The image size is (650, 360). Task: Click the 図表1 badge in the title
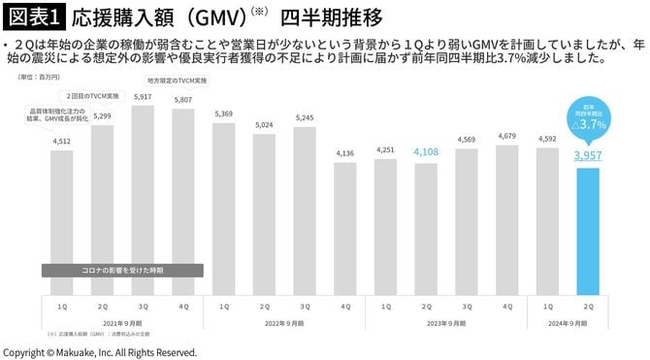34,16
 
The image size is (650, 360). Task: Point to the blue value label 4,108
425,152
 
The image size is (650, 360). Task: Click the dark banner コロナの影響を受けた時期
122,270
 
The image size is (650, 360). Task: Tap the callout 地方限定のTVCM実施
177,81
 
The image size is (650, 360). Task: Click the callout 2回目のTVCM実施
94,97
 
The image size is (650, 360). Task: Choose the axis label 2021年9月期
122,323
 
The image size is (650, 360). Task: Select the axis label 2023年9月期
445,323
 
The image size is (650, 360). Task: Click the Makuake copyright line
100,351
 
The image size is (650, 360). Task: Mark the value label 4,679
506,137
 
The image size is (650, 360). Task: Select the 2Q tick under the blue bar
593,306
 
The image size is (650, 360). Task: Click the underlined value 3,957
593,155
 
